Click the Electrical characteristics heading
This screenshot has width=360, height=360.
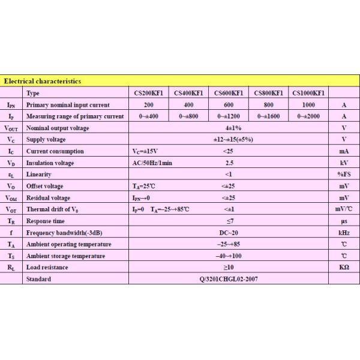pos(43,81)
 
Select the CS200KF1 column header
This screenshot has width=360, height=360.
pos(148,93)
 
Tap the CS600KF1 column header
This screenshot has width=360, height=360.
pos(228,93)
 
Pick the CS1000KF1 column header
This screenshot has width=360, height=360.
pos(308,93)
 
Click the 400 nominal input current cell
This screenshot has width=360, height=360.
pos(188,104)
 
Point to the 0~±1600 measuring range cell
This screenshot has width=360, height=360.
pos(268,116)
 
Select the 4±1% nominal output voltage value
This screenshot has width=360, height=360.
pos(228,128)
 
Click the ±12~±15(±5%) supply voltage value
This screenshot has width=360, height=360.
pos(228,140)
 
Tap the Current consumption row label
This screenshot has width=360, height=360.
pos(55,151)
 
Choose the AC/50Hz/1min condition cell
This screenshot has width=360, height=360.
pos(152,163)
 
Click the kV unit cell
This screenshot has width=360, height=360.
pos(344,163)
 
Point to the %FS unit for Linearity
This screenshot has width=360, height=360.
pos(344,175)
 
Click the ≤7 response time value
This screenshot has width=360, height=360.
pos(228,221)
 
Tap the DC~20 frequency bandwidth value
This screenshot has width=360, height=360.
pos(228,233)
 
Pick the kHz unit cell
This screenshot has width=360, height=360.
pos(344,233)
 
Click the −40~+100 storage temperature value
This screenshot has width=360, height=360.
pos(228,256)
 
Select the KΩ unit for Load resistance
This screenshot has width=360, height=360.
pos(344,268)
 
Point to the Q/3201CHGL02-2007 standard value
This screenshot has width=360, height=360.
pos(228,279)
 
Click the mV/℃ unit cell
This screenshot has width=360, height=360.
pos(344,209)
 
